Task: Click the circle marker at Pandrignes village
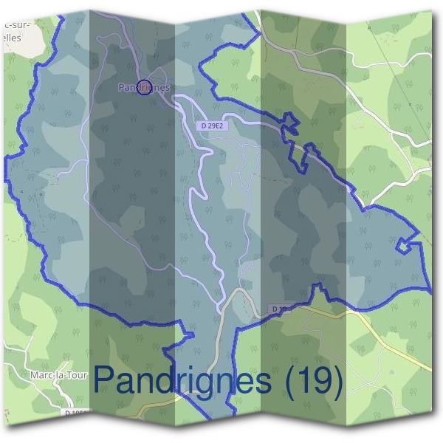[x=145, y=87]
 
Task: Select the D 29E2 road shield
[x=210, y=127]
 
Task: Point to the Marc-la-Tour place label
[x=58, y=375]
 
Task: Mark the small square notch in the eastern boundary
[x=403, y=246]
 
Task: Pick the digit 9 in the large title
[x=317, y=382]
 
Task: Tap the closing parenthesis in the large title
[x=337, y=382]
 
